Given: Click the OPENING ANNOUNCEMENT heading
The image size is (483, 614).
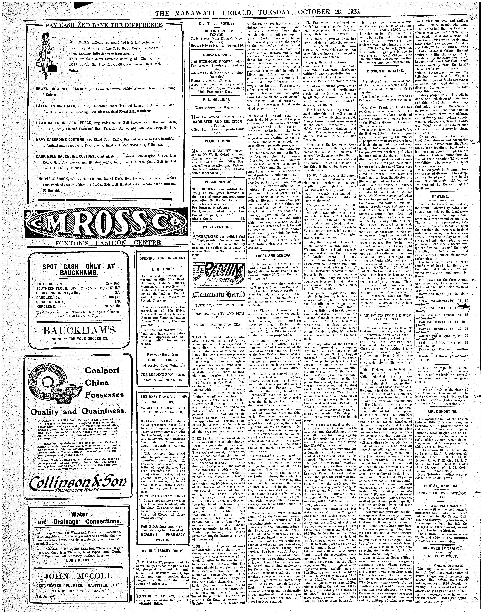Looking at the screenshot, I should click(162, 258).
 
